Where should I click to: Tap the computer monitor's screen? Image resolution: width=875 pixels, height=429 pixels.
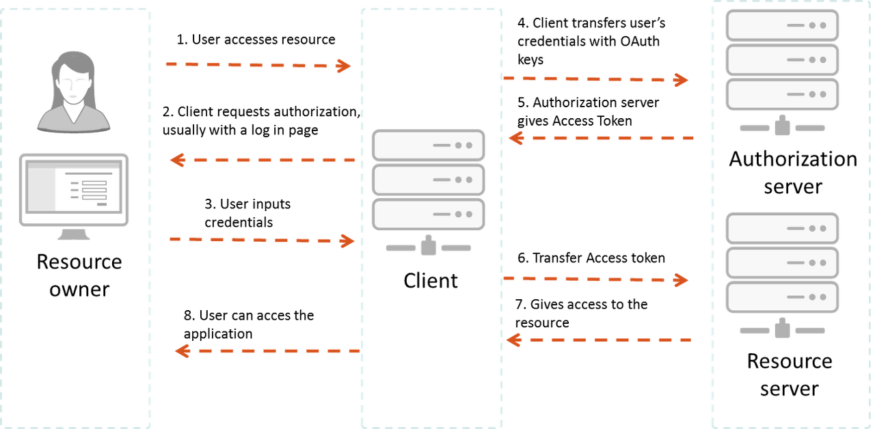73,189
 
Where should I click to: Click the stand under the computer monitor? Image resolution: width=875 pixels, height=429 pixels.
73,234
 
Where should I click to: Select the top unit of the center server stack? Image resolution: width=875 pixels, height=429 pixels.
429,145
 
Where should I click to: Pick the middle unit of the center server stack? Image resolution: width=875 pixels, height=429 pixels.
429,180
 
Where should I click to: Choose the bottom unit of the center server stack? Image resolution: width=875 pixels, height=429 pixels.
429,214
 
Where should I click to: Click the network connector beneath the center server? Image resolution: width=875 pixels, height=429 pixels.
429,247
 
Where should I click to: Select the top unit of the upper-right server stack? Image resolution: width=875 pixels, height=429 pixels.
782,25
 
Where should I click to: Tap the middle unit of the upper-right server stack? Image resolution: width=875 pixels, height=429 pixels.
782,59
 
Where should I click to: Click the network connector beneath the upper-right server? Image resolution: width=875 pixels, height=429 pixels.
782,127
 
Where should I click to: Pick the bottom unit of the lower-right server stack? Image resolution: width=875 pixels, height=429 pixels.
782,297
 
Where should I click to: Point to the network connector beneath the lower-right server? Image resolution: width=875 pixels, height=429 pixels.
782,330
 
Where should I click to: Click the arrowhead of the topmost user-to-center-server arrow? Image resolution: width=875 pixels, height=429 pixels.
343,66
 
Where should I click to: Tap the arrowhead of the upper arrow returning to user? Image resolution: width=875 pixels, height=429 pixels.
178,160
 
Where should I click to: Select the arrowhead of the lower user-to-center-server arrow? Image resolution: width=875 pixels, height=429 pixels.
347,240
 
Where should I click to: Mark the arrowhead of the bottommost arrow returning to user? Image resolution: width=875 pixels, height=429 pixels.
182,350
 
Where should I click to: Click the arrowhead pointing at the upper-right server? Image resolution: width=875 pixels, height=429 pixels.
681,80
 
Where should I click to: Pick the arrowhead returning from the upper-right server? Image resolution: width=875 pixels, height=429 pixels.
515,138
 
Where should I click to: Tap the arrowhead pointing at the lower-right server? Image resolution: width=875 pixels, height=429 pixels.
681,280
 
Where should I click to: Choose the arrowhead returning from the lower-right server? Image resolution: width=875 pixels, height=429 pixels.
513,339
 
